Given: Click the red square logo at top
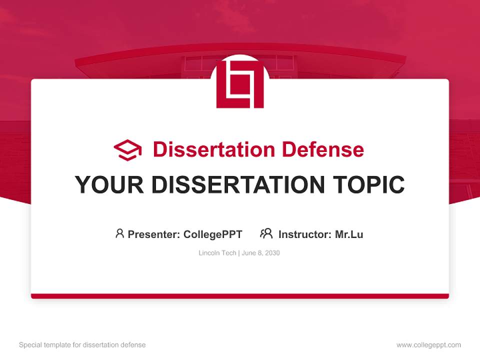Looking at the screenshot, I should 240,84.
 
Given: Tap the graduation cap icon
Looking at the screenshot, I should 127,150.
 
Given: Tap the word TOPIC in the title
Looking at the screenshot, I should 371,185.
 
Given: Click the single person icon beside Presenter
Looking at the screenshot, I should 119,233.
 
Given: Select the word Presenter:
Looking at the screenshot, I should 153,234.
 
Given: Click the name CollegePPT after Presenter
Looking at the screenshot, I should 213,234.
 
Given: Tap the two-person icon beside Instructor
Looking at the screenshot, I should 266,233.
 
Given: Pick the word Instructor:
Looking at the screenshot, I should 304,234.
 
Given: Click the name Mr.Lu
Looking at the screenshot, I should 348,234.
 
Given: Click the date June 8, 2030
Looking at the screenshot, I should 260,253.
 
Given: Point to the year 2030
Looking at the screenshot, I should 272,253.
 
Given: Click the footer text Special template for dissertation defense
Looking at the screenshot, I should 82,345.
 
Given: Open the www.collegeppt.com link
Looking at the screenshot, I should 428,345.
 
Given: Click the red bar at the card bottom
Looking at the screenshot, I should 240,296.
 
